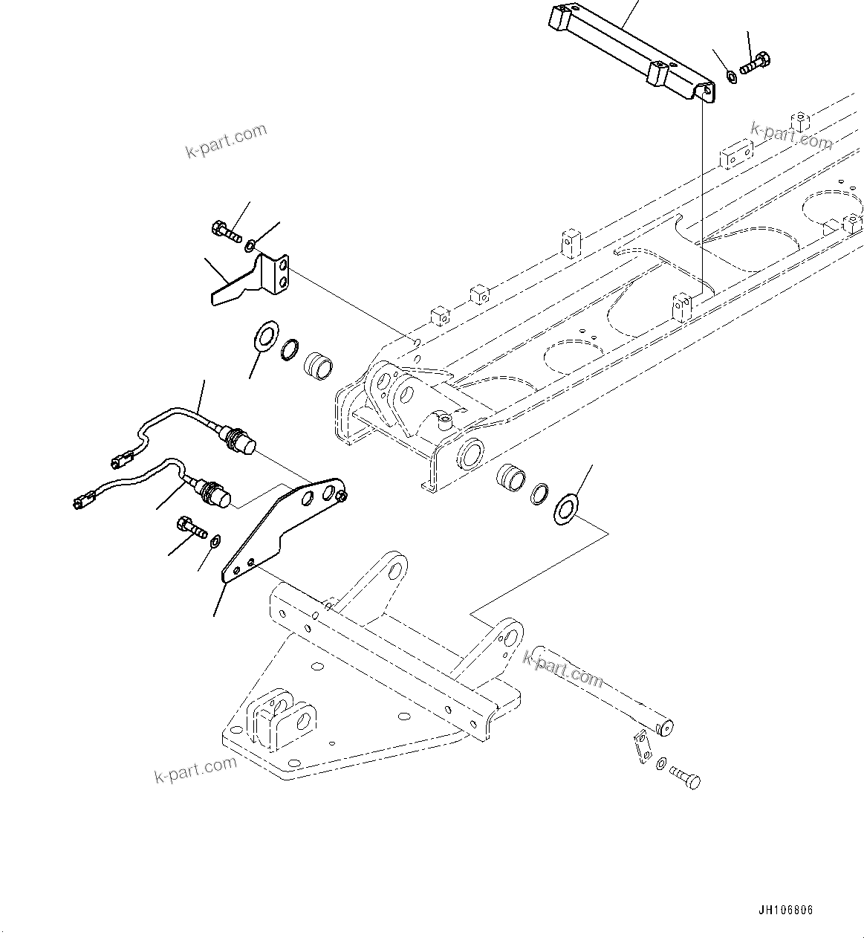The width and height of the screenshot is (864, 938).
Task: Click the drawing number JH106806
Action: point(786,910)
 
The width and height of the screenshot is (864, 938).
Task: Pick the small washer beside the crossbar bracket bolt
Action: point(731,76)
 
